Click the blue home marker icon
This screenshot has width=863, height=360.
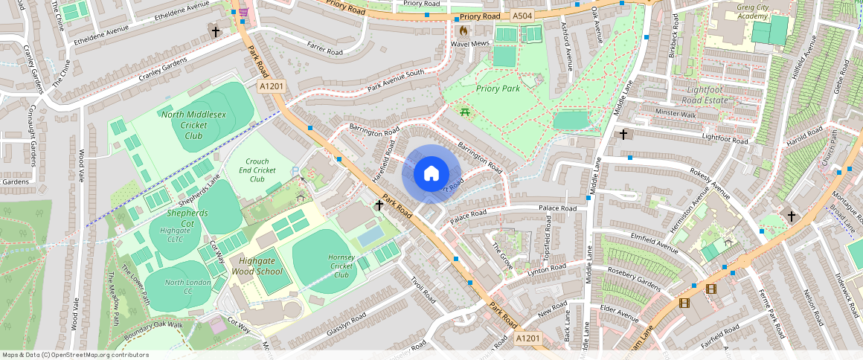click(431, 174)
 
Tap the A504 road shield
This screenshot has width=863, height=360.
click(522, 16)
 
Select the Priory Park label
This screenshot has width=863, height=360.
click(497, 89)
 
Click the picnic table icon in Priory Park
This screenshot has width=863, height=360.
click(465, 112)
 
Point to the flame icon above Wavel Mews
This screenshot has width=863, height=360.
click(463, 31)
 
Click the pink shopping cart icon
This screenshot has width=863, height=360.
click(243, 13)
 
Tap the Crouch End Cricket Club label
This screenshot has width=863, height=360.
click(257, 170)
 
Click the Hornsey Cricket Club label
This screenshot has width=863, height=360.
click(341, 266)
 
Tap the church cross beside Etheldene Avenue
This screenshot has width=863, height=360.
click(216, 32)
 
